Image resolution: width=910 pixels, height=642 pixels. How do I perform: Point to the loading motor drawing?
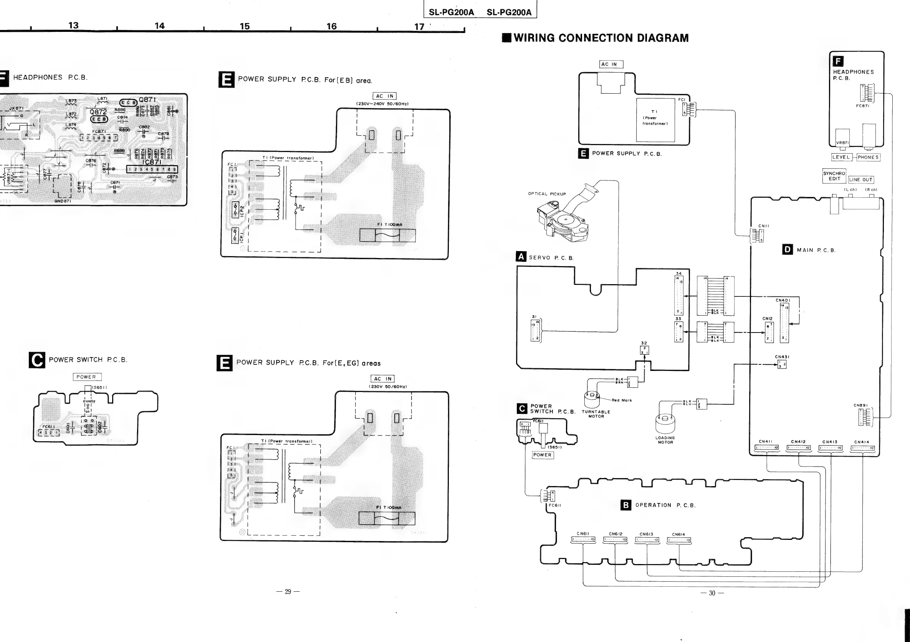click(x=665, y=424)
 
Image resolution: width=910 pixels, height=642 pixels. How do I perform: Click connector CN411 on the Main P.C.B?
click(x=766, y=448)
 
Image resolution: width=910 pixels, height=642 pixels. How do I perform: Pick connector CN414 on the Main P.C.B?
click(x=862, y=448)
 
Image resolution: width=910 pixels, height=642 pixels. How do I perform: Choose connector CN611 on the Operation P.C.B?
click(x=583, y=539)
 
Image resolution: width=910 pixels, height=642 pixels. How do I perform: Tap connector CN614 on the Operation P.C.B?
click(x=678, y=540)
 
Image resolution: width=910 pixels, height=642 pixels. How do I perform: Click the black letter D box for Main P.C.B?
click(x=787, y=249)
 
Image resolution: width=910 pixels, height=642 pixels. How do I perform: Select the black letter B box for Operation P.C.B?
click(x=625, y=505)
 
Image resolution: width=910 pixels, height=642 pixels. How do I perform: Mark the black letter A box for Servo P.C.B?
click(x=521, y=257)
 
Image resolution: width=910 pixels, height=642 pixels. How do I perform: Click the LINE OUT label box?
click(x=861, y=180)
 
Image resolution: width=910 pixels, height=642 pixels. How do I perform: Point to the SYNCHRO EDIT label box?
click(x=834, y=176)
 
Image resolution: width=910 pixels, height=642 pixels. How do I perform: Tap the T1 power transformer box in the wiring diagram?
click(x=655, y=120)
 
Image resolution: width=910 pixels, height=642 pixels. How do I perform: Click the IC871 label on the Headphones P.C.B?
click(x=152, y=162)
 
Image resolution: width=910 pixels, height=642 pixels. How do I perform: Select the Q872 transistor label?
click(x=98, y=112)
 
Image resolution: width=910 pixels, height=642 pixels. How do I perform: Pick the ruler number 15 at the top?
click(x=245, y=26)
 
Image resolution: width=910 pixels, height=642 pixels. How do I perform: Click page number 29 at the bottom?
click(x=288, y=592)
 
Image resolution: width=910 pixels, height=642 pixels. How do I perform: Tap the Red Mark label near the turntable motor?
click(x=622, y=400)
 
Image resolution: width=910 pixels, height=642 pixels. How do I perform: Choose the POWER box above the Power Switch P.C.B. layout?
click(x=87, y=377)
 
